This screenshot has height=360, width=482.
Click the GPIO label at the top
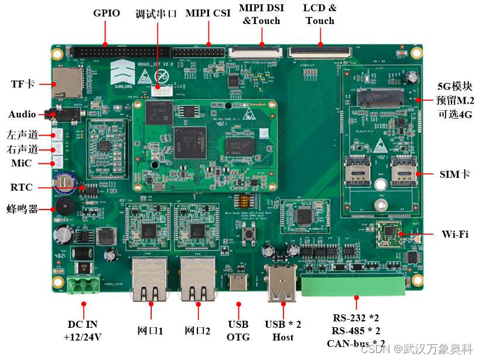click(106, 13)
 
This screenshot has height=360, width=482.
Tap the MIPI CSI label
click(208, 13)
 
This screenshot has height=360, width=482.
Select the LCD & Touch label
click(320, 14)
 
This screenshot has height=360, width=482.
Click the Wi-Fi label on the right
click(454, 234)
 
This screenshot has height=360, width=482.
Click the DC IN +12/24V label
click(83, 330)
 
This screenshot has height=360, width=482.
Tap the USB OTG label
click(238, 330)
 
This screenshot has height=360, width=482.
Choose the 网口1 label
click(150, 330)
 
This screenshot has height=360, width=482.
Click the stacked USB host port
click(282, 284)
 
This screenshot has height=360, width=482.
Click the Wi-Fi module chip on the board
click(388, 234)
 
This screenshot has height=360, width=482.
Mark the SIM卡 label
click(454, 174)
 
